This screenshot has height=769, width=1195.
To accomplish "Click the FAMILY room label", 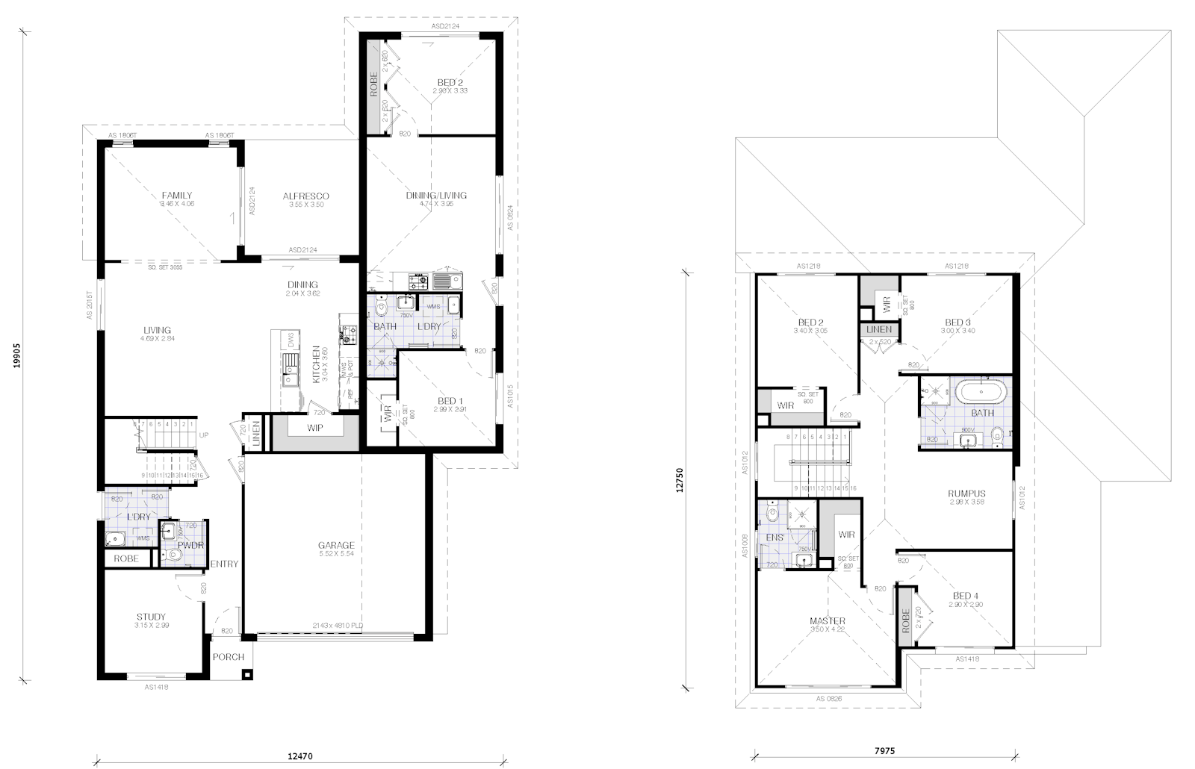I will (x=177, y=196).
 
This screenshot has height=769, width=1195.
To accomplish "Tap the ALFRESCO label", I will (x=305, y=196).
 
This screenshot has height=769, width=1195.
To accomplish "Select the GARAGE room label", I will (x=335, y=545).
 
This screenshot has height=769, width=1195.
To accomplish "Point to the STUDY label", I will (x=152, y=617).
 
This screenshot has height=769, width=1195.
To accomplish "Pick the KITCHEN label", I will (x=317, y=364).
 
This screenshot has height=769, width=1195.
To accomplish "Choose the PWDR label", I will (x=191, y=545).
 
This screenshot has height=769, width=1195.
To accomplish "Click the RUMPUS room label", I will (x=966, y=494).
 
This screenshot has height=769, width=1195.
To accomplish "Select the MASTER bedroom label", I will (x=828, y=621).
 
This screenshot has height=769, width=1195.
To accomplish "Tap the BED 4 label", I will (x=966, y=596).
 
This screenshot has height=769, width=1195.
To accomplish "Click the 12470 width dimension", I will (x=300, y=756).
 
